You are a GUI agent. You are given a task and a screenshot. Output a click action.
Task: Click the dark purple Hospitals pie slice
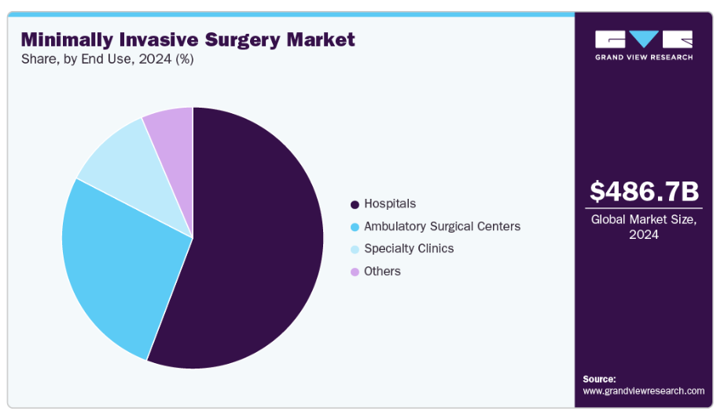[251, 241]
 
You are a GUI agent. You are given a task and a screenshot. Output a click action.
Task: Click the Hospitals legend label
[390, 204]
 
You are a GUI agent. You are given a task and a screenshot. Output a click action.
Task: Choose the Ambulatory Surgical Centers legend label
[442, 226]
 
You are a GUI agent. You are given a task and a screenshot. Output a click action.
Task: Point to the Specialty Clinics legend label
[409, 248]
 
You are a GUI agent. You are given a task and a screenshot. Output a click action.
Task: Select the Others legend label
[382, 271]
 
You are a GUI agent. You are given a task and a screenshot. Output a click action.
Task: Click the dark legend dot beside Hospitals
[355, 204]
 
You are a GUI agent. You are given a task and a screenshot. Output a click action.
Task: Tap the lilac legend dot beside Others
[355, 273]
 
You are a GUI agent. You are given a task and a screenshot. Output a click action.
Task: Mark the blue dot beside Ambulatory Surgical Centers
[355, 227]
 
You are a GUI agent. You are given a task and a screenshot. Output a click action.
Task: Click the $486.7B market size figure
[644, 191]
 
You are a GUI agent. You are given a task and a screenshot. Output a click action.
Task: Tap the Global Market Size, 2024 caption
[644, 227]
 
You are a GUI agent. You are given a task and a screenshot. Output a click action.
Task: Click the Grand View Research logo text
[644, 57]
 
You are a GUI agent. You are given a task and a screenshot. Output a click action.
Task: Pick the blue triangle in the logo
[644, 39]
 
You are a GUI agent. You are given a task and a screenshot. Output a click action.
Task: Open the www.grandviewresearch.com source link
[644, 391]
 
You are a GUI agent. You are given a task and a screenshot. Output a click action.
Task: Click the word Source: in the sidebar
[599, 379]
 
